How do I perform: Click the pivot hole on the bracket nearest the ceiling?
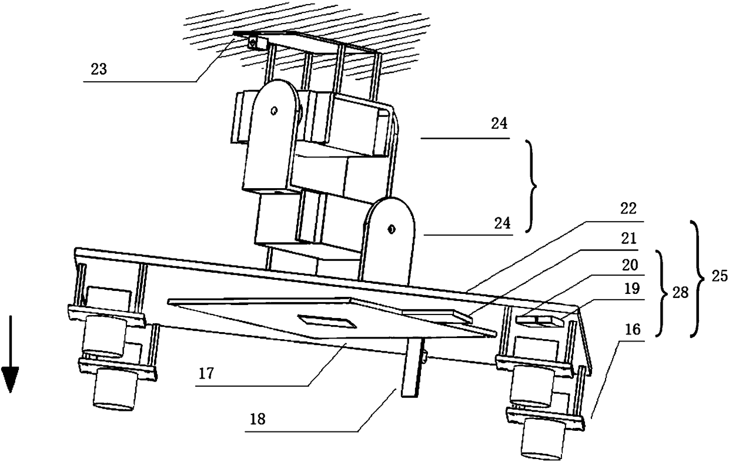[273, 109]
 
